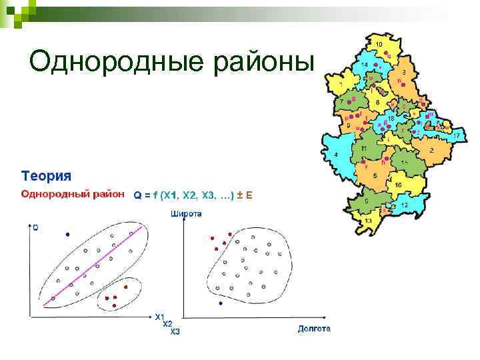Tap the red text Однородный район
(73, 194)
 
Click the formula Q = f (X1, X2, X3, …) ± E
(193, 195)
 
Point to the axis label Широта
(187, 214)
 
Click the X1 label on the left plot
(160, 317)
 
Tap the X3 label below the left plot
(175, 331)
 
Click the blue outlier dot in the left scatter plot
(67, 235)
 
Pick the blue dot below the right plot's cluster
(221, 303)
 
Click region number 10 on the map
(379, 44)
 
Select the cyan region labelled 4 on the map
(336, 155)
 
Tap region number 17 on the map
(457, 135)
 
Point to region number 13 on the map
(368, 219)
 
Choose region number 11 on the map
(363, 147)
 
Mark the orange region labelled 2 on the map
(431, 151)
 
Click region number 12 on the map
(404, 205)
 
